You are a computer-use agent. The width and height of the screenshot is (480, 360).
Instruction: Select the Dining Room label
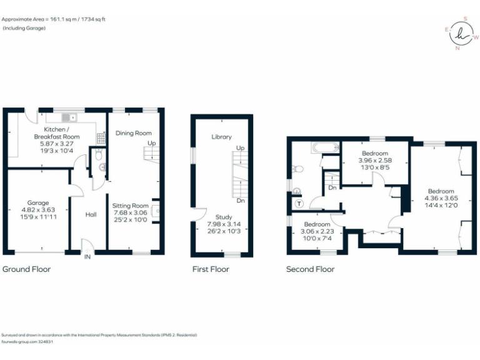[134, 133]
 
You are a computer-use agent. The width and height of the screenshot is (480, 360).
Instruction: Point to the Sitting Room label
[130, 206]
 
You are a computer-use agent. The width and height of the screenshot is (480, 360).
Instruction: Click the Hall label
[91, 214]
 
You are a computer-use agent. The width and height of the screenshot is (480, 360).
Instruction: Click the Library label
[221, 137]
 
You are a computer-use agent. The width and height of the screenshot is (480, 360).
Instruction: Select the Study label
[222, 217]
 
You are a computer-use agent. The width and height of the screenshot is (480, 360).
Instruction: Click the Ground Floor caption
[26, 269]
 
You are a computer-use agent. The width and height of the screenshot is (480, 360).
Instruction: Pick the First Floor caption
[210, 269]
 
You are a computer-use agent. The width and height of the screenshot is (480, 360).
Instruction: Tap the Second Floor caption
[310, 269]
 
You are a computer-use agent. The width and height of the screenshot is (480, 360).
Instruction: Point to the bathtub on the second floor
[324, 148]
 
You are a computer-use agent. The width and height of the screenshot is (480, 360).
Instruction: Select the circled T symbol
[298, 204]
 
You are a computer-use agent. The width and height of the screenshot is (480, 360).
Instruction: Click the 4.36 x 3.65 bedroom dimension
[441, 198]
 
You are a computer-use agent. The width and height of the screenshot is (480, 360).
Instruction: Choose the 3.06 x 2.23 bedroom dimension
[317, 231]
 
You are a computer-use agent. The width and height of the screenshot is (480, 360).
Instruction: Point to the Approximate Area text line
[54, 19]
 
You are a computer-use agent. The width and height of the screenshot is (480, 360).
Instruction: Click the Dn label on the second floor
[332, 187]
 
